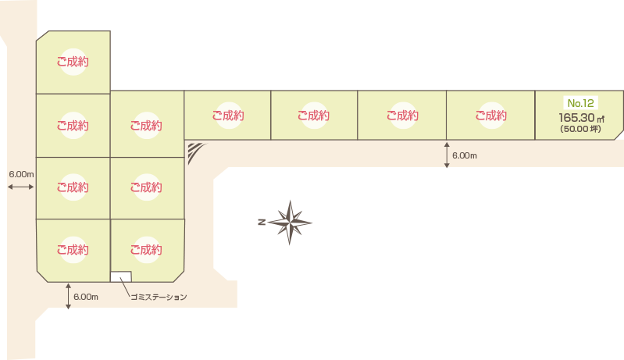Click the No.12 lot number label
(x=580, y=103)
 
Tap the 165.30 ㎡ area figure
(x=581, y=118)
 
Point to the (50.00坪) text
(x=580, y=129)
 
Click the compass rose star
(x=290, y=223)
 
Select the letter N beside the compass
(x=262, y=222)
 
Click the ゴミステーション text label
(x=159, y=298)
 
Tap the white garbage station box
(x=121, y=277)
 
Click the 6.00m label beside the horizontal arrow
(x=22, y=174)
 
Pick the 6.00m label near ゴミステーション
(x=86, y=297)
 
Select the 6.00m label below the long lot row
(x=465, y=155)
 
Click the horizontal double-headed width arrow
(x=21, y=187)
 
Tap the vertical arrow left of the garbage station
(x=69, y=296)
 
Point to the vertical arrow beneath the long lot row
(x=447, y=155)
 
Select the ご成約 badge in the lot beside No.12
(x=491, y=116)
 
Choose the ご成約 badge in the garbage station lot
(x=147, y=250)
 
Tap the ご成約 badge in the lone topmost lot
(x=73, y=62)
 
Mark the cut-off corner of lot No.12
(x=619, y=135)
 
